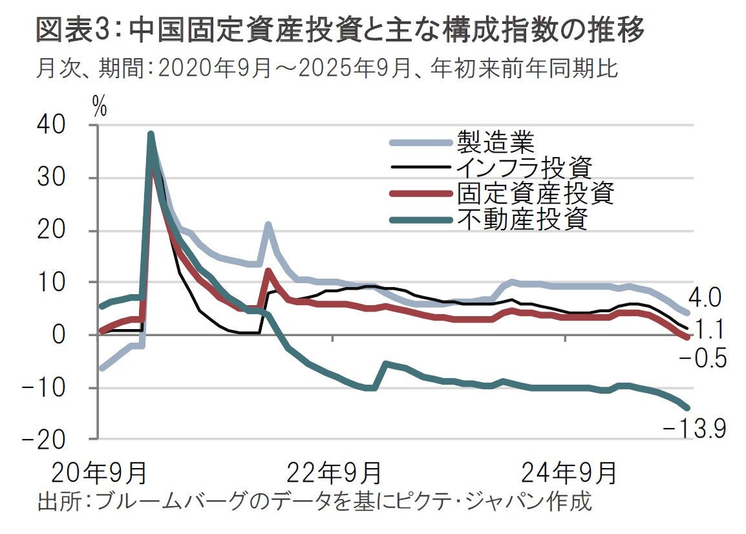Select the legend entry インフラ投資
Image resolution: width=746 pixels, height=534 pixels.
coord(524,167)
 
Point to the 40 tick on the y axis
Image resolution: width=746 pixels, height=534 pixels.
coord(69,126)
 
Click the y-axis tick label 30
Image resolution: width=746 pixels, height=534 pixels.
coord(69,178)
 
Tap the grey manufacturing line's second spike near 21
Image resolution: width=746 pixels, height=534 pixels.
coord(268,225)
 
